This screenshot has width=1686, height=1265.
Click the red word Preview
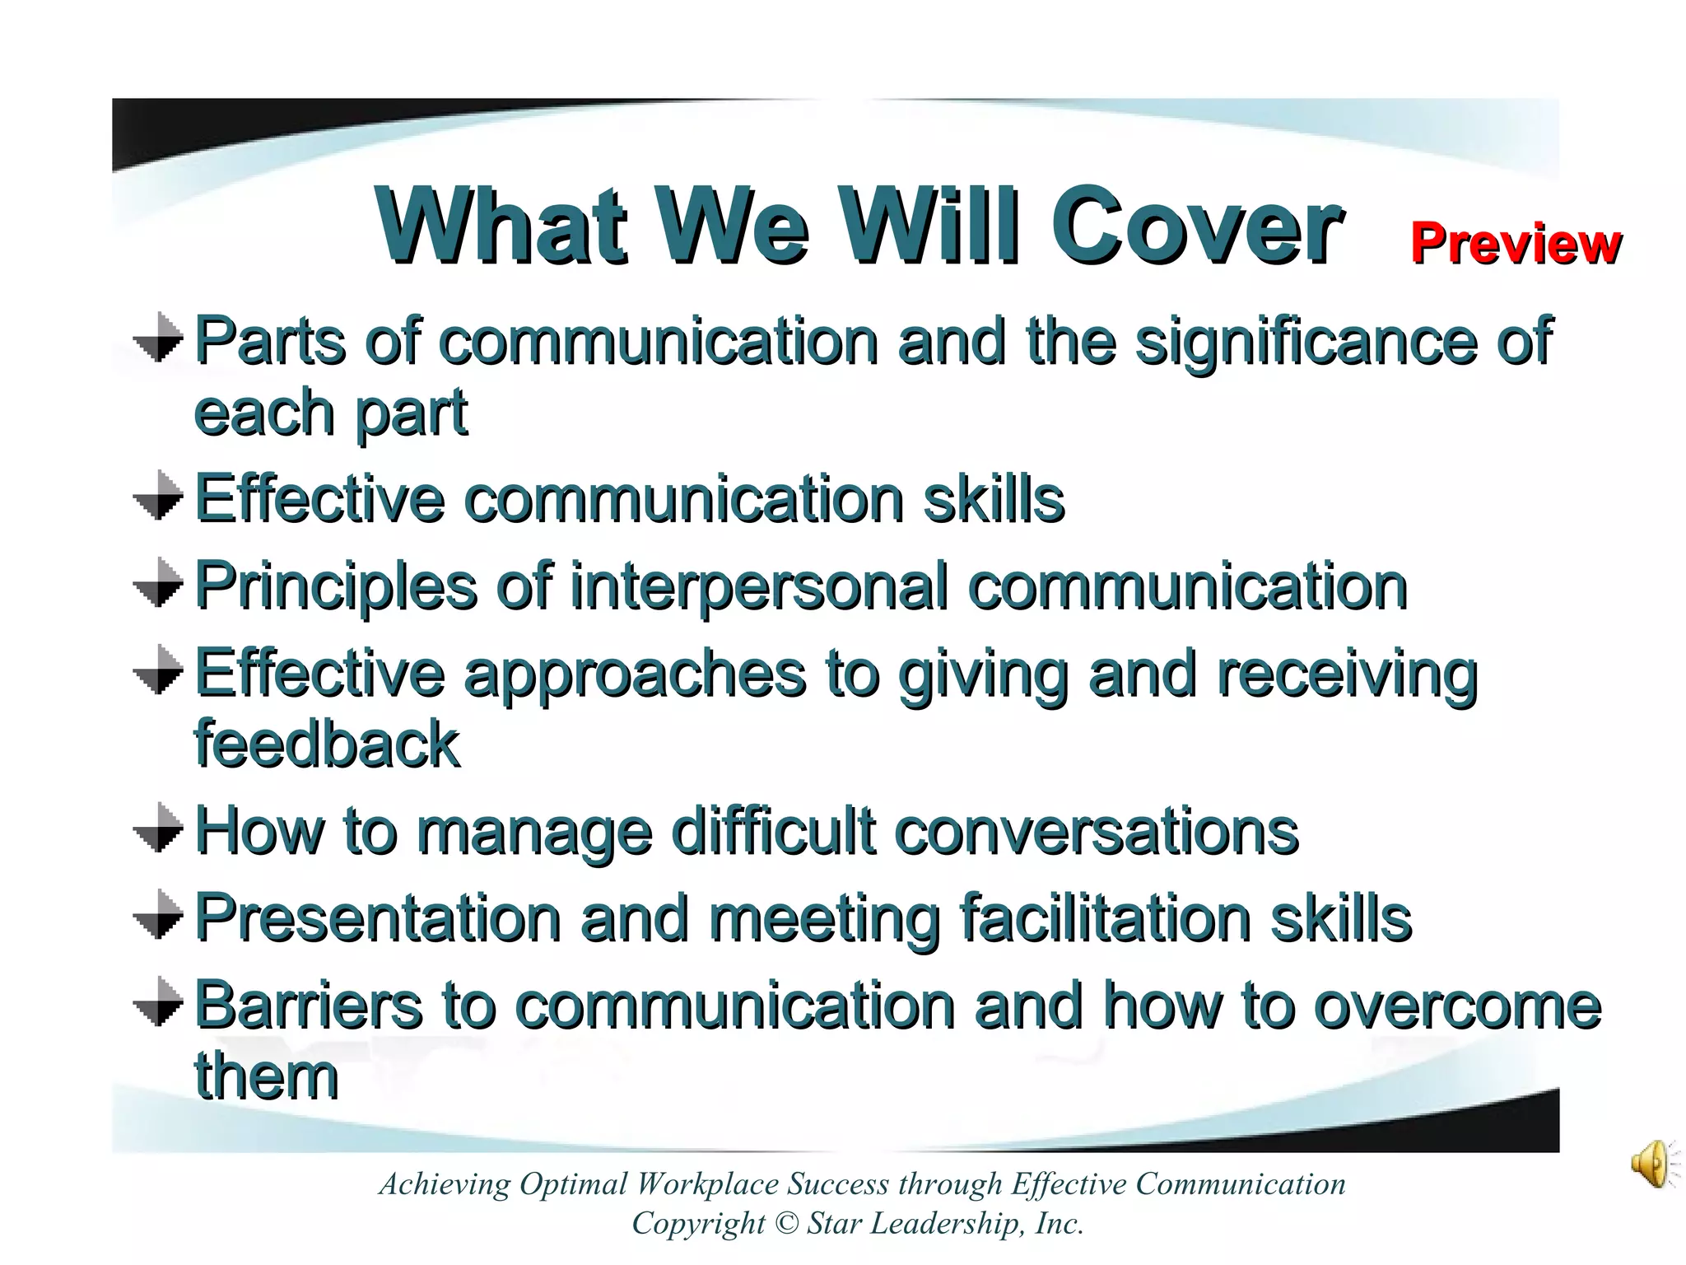[1516, 244]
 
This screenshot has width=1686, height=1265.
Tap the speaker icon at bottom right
[1652, 1164]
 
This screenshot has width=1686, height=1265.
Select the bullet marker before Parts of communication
[158, 338]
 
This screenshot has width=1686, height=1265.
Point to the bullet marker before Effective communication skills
[158, 496]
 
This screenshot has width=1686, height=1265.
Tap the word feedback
[327, 744]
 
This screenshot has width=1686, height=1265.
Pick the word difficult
[773, 831]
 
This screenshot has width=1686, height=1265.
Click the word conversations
[1096, 831]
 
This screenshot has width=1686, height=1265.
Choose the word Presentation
[378, 918]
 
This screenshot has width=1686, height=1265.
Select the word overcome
[1457, 1006]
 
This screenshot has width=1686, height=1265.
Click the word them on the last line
[266, 1076]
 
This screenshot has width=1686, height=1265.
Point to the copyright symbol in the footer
[787, 1224]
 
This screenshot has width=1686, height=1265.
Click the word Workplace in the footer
[709, 1184]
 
